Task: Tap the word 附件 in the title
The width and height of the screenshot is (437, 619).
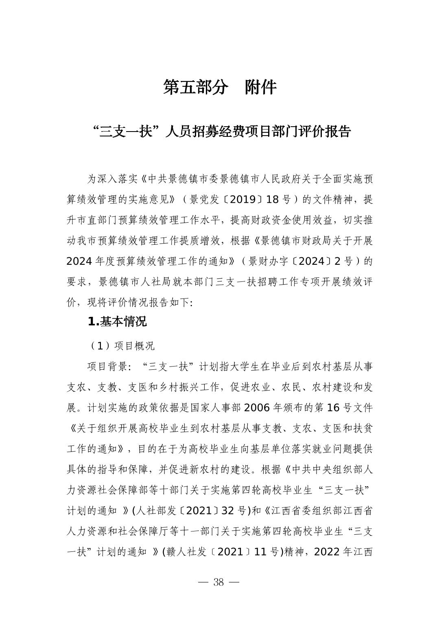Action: tap(261, 87)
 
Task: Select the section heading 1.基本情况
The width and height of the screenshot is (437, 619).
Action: tap(117, 322)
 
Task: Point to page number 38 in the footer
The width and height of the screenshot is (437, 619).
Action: tap(218, 582)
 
